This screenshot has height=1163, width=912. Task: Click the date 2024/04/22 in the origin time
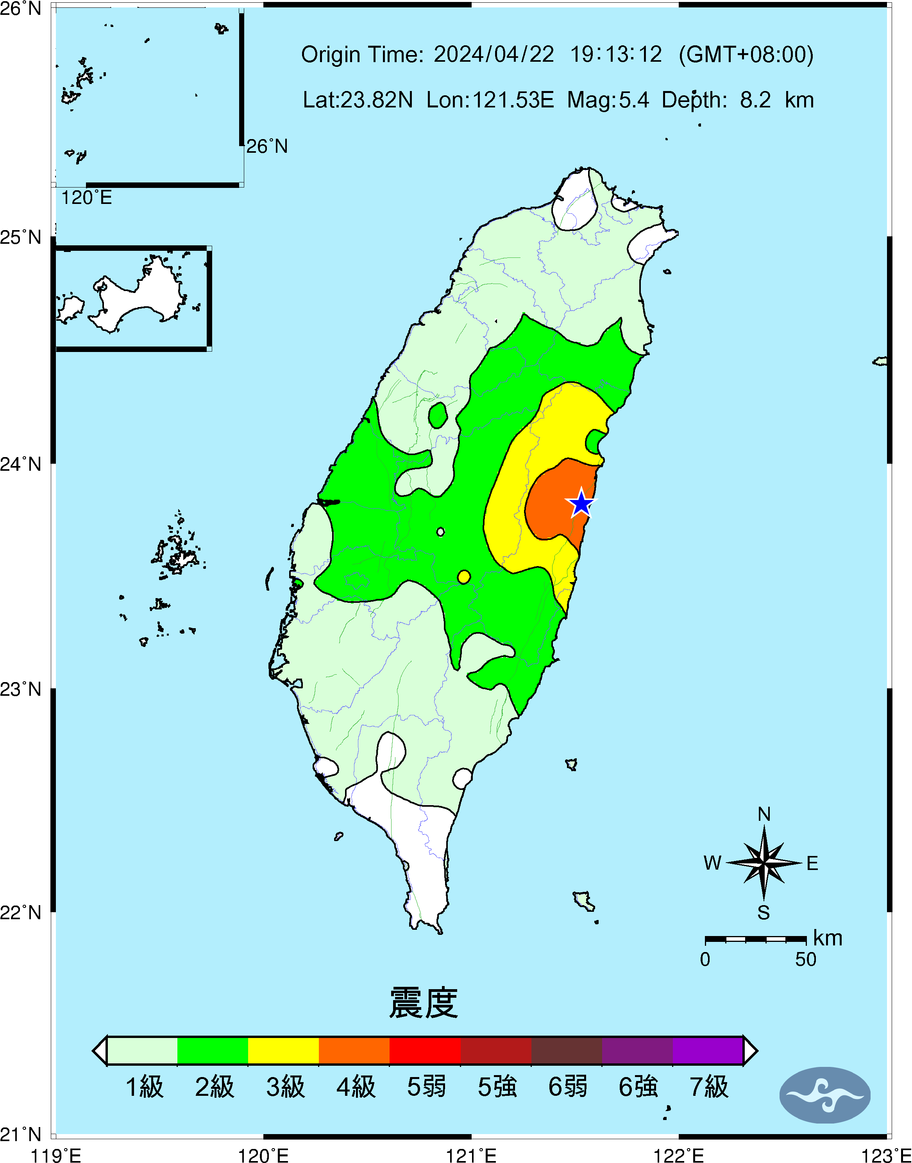pos(494,54)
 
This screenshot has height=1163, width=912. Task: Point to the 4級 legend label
pos(356,1087)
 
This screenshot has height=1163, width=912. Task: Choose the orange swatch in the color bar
pos(354,1050)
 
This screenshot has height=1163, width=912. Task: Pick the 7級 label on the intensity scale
pos(708,1087)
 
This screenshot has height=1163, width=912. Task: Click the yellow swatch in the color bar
pos(283,1050)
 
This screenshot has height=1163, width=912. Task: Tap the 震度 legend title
pos(424,1002)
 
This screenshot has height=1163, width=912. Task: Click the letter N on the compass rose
pos(764,815)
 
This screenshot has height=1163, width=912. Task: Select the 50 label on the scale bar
pos(805,959)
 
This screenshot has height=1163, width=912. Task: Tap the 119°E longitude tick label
pos(55,1156)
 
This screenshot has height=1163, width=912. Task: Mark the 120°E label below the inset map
pos(86,198)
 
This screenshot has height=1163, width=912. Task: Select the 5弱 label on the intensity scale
pos(426,1087)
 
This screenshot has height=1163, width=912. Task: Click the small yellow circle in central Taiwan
pos(464,577)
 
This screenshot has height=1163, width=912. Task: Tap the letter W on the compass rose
pos(712,863)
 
